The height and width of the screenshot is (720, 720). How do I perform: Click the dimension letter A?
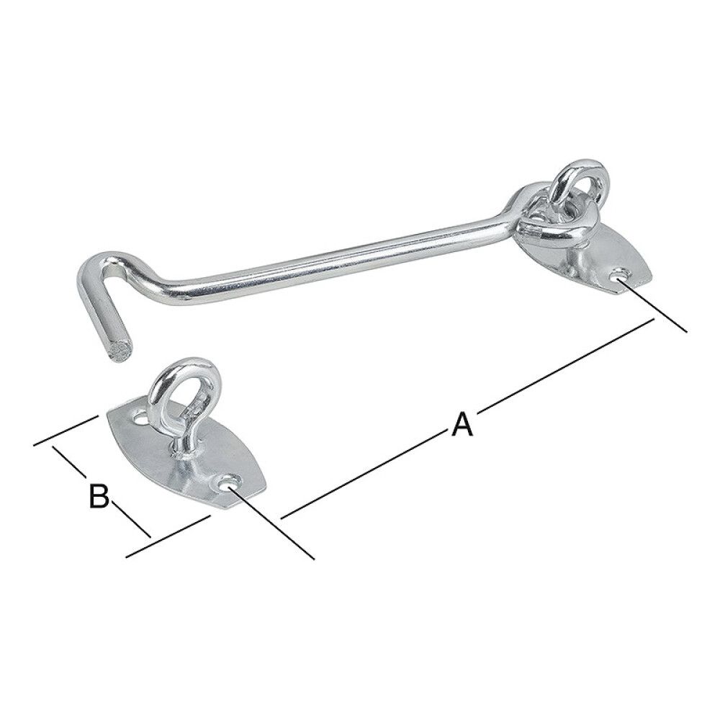coord(462,423)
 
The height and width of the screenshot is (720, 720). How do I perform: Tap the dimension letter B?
coord(99,496)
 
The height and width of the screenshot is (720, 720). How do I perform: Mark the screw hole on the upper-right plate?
coord(619,274)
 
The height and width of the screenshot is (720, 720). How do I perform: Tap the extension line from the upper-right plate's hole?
coord(655,306)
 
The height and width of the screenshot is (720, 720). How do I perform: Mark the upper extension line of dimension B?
coord(65,431)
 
